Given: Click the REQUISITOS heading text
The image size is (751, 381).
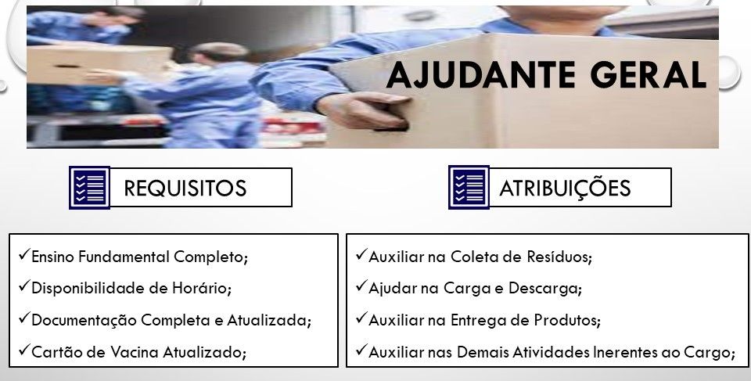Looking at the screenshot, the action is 185,188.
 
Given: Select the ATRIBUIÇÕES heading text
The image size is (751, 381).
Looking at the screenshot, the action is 565,188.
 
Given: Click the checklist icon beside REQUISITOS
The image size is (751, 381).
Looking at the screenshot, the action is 89,188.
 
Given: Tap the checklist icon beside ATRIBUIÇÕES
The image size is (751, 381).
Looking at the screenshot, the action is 469,188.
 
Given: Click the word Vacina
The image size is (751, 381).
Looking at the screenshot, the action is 135,352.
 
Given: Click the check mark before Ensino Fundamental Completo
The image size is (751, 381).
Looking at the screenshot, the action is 24,254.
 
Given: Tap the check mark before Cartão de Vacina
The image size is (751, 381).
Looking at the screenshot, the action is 24,350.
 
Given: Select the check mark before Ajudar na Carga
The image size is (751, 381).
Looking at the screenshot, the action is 361,286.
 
